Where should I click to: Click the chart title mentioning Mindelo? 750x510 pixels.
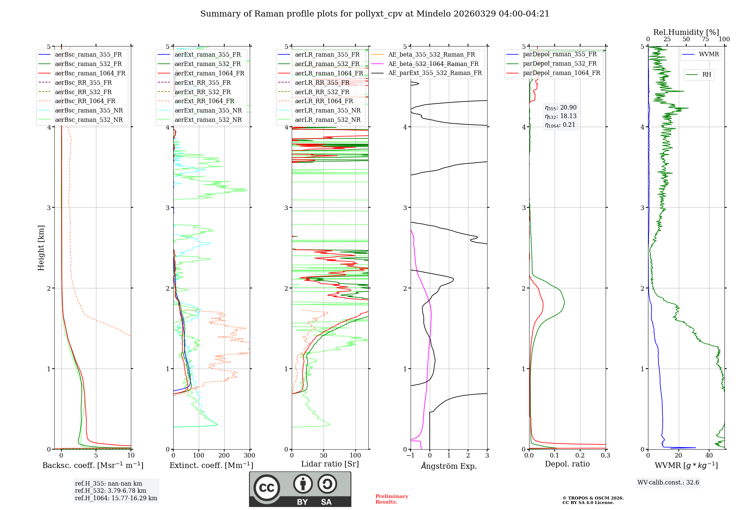pyautogui.click(x=375, y=14)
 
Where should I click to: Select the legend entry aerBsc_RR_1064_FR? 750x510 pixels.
pyautogui.click(x=85, y=101)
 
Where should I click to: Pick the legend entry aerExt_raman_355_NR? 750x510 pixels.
pyautogui.click(x=208, y=111)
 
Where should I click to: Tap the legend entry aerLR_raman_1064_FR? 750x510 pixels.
pyautogui.click(x=328, y=73)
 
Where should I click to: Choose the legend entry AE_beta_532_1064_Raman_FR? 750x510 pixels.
pyautogui.click(x=433, y=64)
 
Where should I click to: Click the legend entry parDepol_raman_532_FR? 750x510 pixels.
pyautogui.click(x=559, y=64)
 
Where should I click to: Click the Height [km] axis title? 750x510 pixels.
pyautogui.click(x=41, y=248)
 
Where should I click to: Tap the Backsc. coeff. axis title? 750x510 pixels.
pyautogui.click(x=93, y=465)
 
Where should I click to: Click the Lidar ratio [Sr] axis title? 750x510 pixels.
pyautogui.click(x=330, y=464)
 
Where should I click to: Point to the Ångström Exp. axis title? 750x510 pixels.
pyautogui.click(x=449, y=466)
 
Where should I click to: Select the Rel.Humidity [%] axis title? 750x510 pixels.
pyautogui.click(x=686, y=32)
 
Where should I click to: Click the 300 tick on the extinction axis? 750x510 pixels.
pyautogui.click(x=249, y=456)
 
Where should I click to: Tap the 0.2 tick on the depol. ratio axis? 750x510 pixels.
pyautogui.click(x=580, y=456)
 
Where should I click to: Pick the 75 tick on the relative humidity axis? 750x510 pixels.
pyautogui.click(x=705, y=39)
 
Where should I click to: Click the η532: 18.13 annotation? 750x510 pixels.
pyautogui.click(x=561, y=116)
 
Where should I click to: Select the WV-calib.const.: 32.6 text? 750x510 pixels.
pyautogui.click(x=668, y=483)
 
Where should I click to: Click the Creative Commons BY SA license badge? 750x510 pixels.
pyautogui.click(x=300, y=489)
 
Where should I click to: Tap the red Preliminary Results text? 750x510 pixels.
pyautogui.click(x=391, y=499)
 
